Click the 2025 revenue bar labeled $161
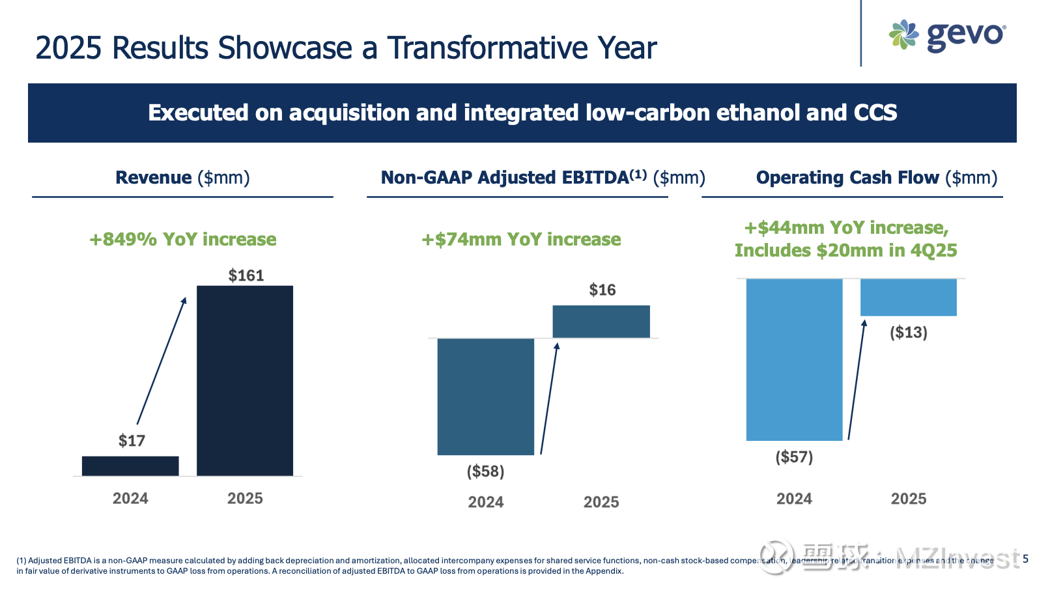[245, 380]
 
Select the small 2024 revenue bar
[130, 466]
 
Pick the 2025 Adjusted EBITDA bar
[601, 321]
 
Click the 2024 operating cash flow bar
[794, 359]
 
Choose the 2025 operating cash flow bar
[908, 298]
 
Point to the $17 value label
[132, 441]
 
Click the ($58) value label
[485, 471]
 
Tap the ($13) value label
[908, 333]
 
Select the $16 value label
[602, 290]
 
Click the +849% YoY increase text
[182, 240]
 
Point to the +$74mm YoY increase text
[521, 240]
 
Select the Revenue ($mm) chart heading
[182, 178]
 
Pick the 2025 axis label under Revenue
[245, 499]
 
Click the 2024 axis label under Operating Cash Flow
[794, 499]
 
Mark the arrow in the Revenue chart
[161, 361]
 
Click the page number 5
[1026, 559]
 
